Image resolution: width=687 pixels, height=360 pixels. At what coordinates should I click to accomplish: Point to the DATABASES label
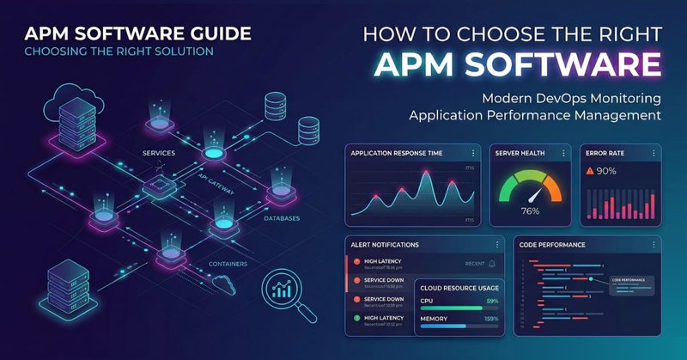(x=282, y=218)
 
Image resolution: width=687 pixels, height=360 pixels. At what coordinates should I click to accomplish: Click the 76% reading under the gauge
(x=530, y=211)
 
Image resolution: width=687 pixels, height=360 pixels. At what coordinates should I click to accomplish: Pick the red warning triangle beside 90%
(x=591, y=171)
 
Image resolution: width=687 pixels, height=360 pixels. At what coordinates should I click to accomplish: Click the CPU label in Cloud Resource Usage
(x=427, y=302)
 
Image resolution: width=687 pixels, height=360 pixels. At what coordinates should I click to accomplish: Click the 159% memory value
(x=491, y=319)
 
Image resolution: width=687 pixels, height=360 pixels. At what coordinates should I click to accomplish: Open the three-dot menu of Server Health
(x=563, y=153)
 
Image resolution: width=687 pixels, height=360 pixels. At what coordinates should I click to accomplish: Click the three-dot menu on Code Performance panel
(x=653, y=245)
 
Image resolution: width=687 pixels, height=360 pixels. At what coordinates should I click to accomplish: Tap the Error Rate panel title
(x=606, y=153)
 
